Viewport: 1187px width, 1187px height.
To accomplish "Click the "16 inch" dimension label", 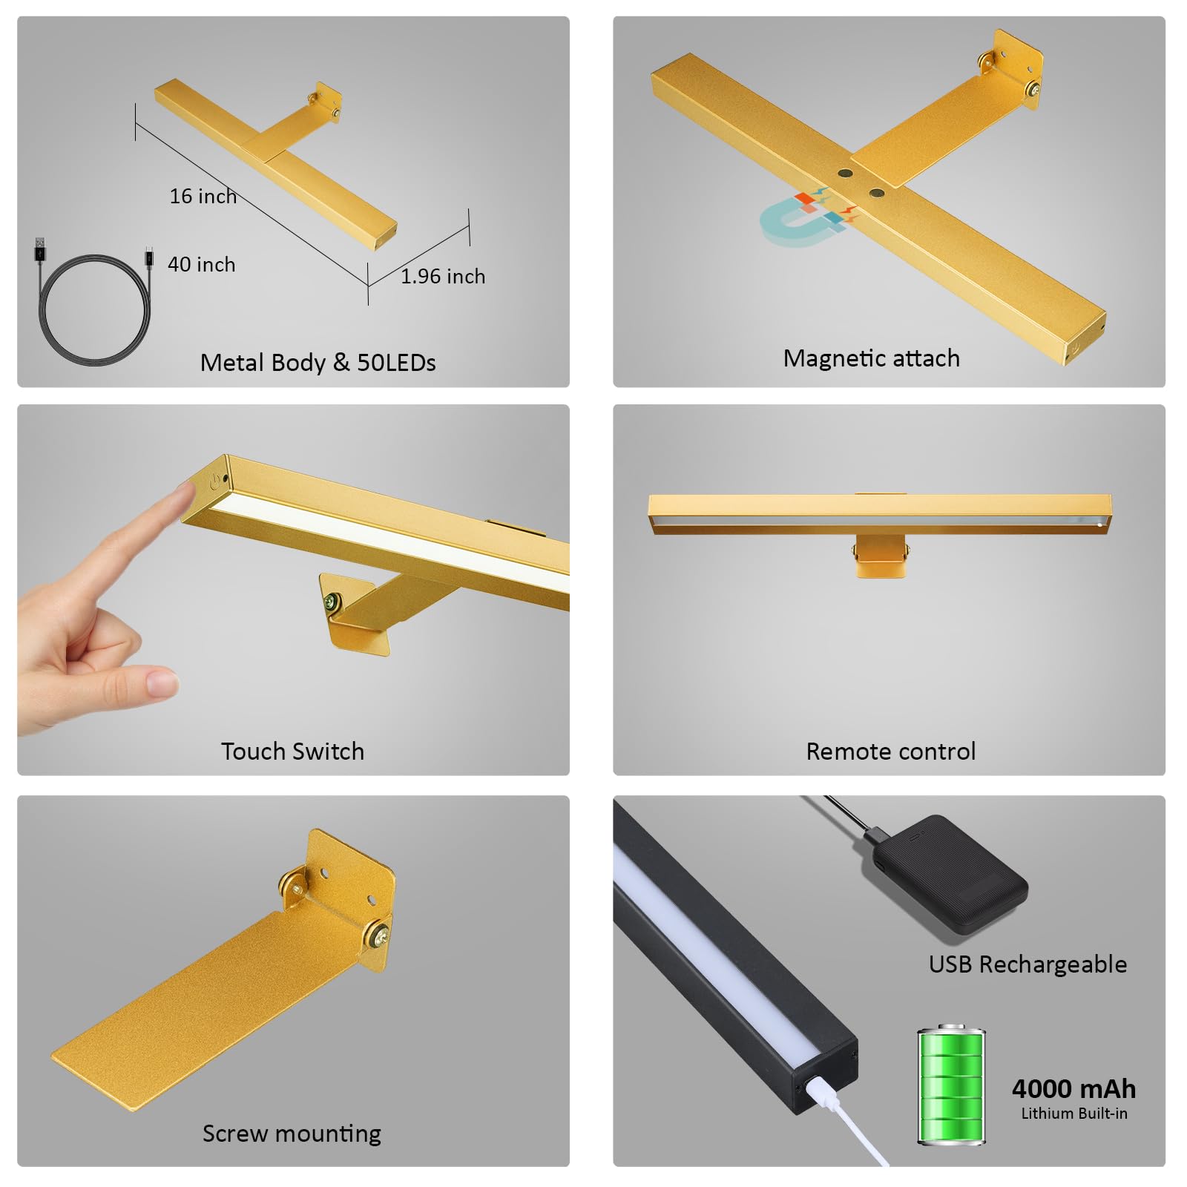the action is point(203,197).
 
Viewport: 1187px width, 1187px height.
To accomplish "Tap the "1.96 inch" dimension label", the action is point(443,277).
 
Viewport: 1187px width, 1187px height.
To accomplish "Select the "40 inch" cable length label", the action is point(202,265).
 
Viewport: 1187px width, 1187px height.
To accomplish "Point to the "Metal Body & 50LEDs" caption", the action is point(318,363).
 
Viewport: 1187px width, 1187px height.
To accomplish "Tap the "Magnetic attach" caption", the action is point(872,359).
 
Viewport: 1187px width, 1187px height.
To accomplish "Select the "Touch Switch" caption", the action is point(293,752).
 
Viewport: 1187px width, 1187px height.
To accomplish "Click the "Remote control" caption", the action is point(891,752).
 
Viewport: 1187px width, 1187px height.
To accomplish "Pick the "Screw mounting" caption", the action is point(292,1134).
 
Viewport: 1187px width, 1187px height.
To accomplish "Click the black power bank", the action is point(944,874).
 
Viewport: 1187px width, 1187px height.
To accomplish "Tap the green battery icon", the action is point(951,1085).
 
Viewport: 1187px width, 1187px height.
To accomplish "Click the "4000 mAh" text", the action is point(1073,1089).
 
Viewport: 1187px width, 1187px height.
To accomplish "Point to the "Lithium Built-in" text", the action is point(1074,1114).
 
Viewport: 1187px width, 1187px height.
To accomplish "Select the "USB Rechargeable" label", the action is point(1028,964).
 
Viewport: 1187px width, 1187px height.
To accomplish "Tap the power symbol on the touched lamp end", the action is point(215,481).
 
